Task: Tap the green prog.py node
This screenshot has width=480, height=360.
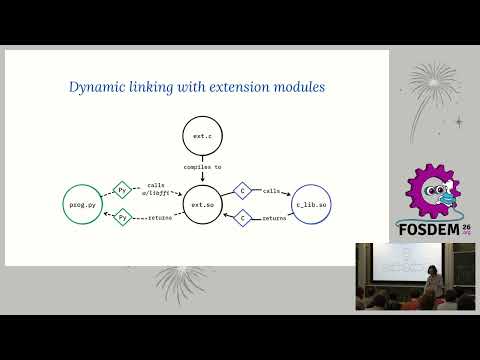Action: tap(83, 204)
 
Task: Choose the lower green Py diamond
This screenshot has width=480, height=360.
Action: tap(123, 216)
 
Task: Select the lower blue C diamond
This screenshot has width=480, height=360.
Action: tap(242, 216)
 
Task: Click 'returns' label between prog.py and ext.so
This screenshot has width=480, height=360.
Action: tap(157, 217)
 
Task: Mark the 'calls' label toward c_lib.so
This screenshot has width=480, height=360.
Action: tap(271, 190)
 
